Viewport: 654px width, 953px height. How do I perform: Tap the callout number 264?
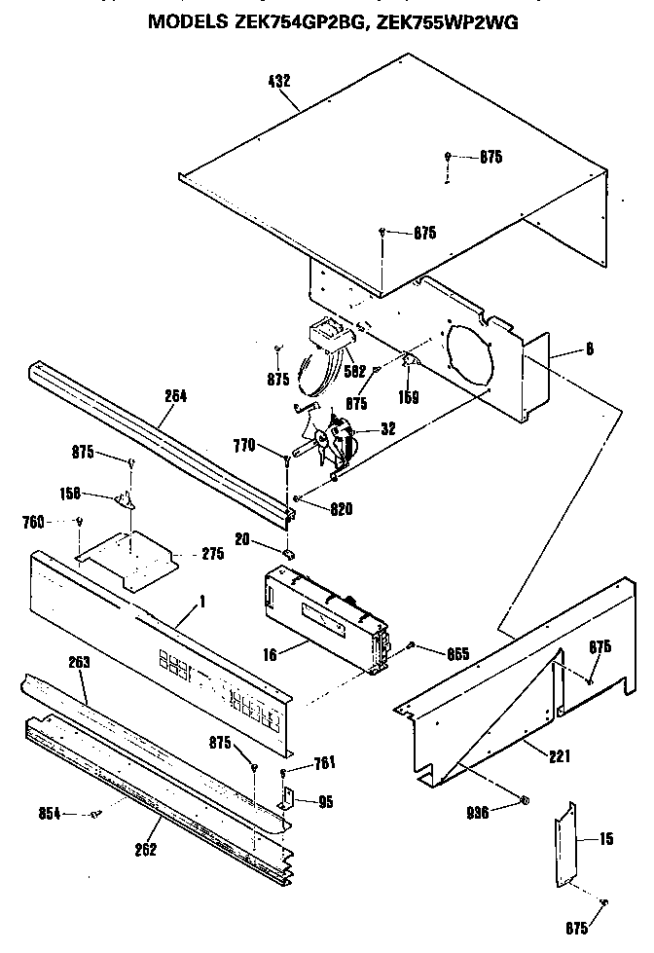[175, 397]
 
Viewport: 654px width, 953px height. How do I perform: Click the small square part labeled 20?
[288, 553]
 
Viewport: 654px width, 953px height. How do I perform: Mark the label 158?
[97, 494]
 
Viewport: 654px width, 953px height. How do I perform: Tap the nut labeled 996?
[523, 801]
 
